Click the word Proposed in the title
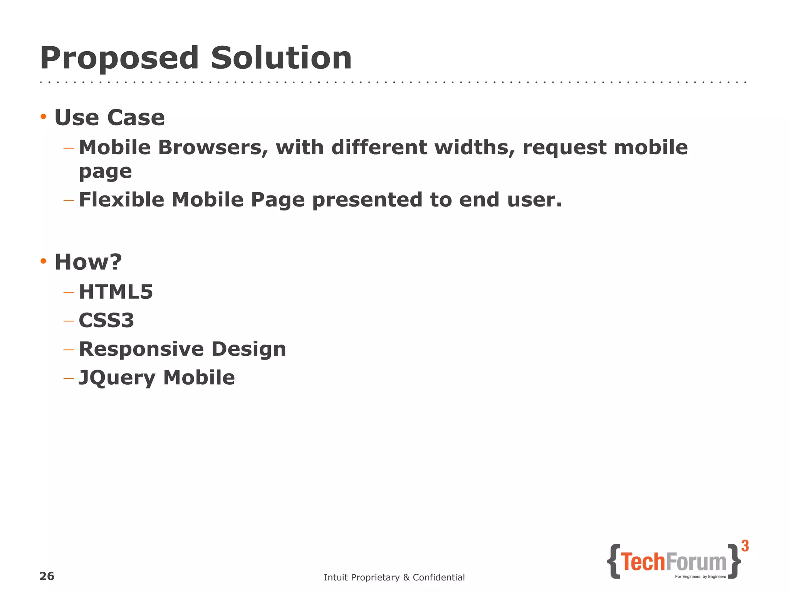click(119, 59)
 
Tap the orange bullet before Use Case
click(44, 116)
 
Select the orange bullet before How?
click(44, 261)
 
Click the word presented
click(367, 200)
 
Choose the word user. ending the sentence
click(534, 200)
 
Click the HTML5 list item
click(116, 292)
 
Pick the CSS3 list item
click(106, 320)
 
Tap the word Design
click(248, 350)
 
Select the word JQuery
click(117, 378)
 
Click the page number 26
click(47, 576)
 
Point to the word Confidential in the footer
click(438, 577)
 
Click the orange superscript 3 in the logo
click(745, 546)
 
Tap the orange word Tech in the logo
click(643, 562)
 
